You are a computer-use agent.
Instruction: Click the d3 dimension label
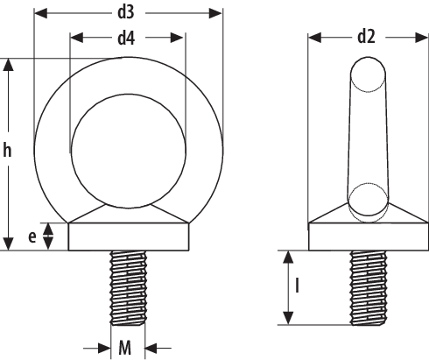128,14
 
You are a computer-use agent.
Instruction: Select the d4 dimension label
128,38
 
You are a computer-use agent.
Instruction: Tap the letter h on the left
8,152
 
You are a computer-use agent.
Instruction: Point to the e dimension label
32,236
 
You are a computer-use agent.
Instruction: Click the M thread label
126,348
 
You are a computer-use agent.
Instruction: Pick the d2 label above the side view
367,38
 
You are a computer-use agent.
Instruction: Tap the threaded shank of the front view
128,286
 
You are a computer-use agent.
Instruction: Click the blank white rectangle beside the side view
327,148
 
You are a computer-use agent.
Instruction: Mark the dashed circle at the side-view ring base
367,201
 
